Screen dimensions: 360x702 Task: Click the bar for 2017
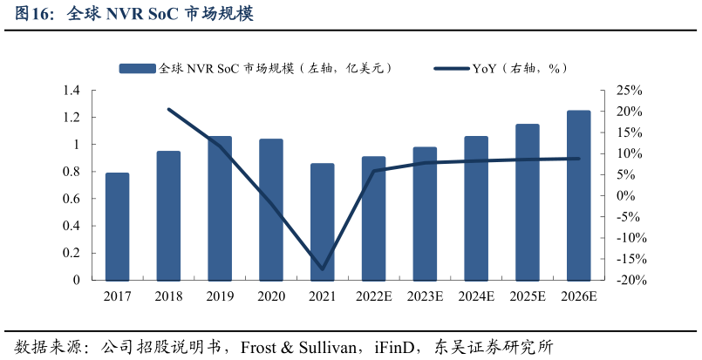pos(117,227)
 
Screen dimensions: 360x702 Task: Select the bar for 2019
pos(220,208)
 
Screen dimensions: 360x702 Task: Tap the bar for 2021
pos(322,222)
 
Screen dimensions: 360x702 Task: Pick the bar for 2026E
pos(578,195)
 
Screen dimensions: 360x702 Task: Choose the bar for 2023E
pos(425,214)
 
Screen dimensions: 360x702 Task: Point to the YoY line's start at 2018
pos(168,109)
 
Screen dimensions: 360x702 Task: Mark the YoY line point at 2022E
pos(373,171)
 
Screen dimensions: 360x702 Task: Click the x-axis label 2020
pos(271,296)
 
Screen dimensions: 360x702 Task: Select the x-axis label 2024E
pos(476,296)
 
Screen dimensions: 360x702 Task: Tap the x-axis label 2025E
pos(528,296)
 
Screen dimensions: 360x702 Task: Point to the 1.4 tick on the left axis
pos(72,91)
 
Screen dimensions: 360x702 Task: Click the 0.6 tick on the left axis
pos(72,199)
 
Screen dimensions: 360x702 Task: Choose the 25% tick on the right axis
pos(629,91)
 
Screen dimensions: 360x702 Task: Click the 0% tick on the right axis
pos(630,196)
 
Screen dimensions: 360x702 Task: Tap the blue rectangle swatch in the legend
pos(138,67)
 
